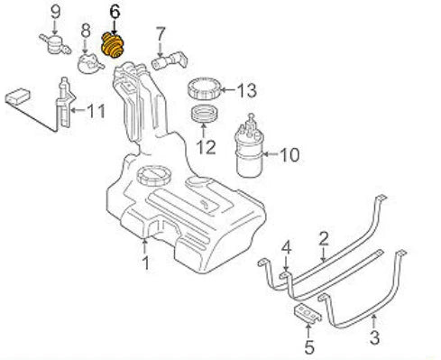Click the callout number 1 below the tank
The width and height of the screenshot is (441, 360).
144,265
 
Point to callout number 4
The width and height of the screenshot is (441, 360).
285,246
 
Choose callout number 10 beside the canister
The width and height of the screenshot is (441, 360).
289,154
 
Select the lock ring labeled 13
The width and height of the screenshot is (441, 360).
203,90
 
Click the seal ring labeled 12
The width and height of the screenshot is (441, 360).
204,115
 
